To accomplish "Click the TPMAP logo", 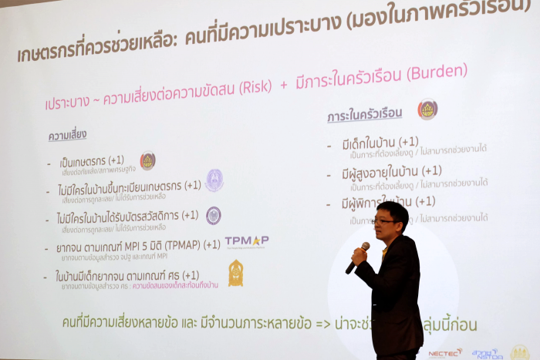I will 247,242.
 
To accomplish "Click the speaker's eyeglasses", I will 385,220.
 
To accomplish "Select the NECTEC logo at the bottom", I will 445,352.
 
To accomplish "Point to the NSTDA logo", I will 486,353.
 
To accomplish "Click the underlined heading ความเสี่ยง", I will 67,136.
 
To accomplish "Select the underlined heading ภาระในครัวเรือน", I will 365,114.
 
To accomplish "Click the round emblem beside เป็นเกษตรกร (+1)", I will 147,160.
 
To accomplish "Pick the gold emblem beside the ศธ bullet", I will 235,272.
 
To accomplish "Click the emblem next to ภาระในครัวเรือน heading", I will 427,109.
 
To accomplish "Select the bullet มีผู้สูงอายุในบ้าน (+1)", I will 391,171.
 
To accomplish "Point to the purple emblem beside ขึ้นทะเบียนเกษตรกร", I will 214,180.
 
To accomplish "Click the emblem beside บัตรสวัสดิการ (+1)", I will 214,215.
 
